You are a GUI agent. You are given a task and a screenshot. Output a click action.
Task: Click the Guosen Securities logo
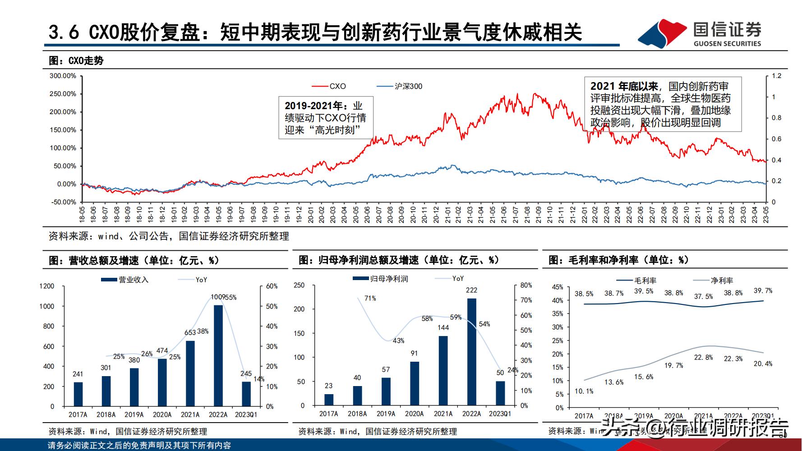tap(700, 33)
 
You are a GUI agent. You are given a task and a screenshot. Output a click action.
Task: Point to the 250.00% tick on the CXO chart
tap(63, 94)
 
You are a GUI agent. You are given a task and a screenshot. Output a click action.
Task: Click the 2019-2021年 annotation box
tap(325, 118)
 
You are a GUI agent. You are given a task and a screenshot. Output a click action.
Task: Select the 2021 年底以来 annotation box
tap(662, 104)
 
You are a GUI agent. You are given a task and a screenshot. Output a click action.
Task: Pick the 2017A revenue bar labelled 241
tap(78, 394)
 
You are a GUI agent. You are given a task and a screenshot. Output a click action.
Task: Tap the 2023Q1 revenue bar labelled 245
tap(246, 394)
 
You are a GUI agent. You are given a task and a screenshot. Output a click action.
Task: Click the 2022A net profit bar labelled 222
tap(471, 352)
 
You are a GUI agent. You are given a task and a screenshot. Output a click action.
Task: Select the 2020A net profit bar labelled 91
tap(414, 383)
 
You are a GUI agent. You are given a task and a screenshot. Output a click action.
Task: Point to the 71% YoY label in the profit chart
tap(370, 298)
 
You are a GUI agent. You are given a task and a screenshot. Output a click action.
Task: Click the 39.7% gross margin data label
tap(763, 291)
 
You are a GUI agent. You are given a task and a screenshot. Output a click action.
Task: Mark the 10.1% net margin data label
tap(584, 391)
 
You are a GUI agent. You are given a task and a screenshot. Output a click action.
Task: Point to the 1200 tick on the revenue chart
tap(46, 286)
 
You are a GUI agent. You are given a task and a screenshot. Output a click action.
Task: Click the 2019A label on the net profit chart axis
tap(386, 414)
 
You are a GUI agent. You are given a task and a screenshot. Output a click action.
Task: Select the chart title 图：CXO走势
tap(76, 61)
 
